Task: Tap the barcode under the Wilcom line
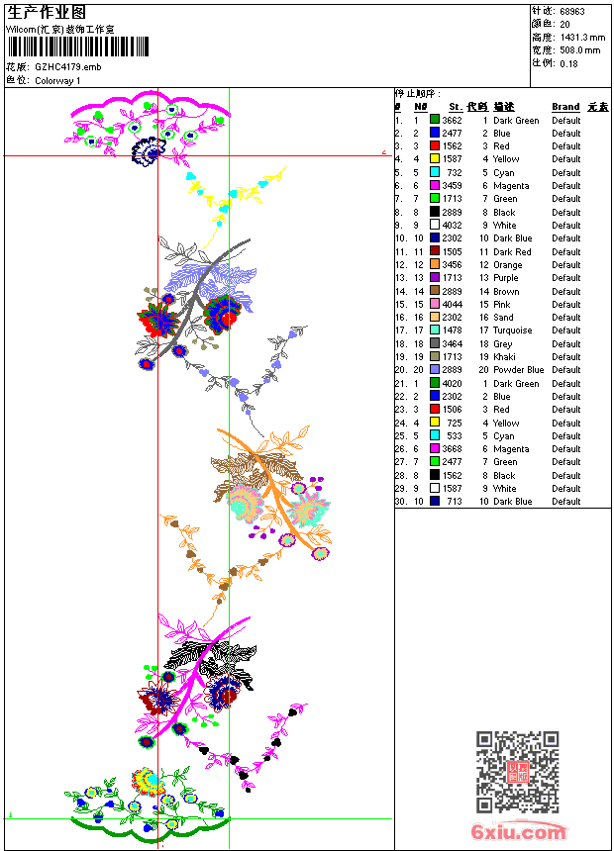[78, 47]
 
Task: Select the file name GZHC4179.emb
[67, 66]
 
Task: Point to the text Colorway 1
[58, 80]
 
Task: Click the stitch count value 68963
[572, 11]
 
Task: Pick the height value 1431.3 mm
[580, 37]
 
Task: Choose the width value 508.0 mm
[579, 49]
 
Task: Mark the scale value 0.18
[568, 63]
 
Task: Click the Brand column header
[565, 107]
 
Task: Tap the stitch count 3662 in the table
[452, 121]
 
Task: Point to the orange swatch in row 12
[435, 265]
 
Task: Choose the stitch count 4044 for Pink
[452, 305]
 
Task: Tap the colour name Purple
[505, 278]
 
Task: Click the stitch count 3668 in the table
[452, 449]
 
